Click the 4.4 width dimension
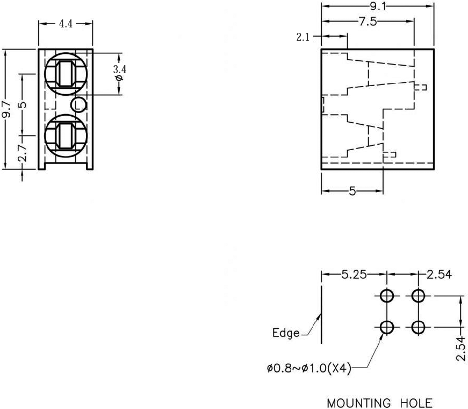click(66, 24)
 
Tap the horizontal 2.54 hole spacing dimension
click(439, 275)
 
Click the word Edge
click(286, 333)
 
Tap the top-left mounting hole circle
click(387, 295)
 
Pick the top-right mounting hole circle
click(418, 295)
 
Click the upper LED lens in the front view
click(65, 73)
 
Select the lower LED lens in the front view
click(65, 135)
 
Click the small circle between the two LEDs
click(78, 104)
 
